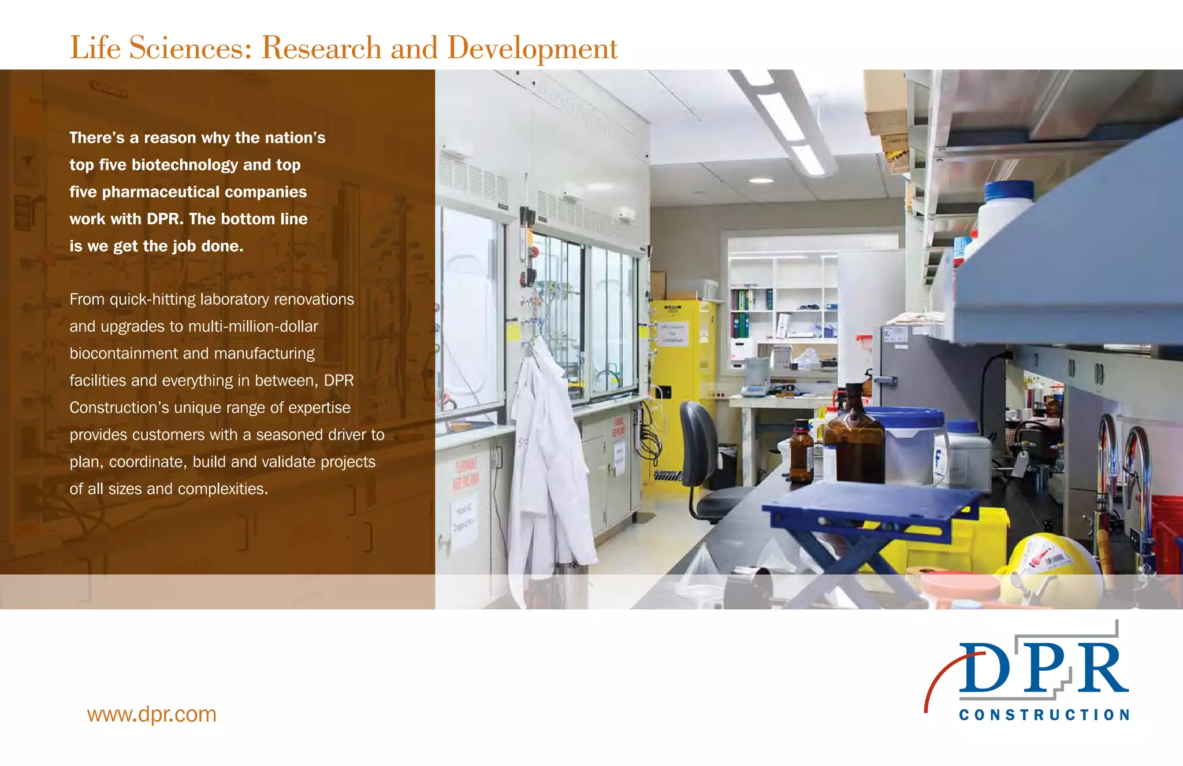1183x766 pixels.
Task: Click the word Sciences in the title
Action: point(191,47)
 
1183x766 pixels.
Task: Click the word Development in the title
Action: point(532,49)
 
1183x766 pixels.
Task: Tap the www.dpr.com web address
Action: point(151,715)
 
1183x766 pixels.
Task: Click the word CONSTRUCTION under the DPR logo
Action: point(1044,715)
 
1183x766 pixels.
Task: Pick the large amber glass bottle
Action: point(854,439)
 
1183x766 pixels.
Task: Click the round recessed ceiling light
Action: point(761,181)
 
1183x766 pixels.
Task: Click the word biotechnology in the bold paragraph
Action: point(185,165)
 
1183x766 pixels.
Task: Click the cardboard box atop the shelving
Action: point(884,104)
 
